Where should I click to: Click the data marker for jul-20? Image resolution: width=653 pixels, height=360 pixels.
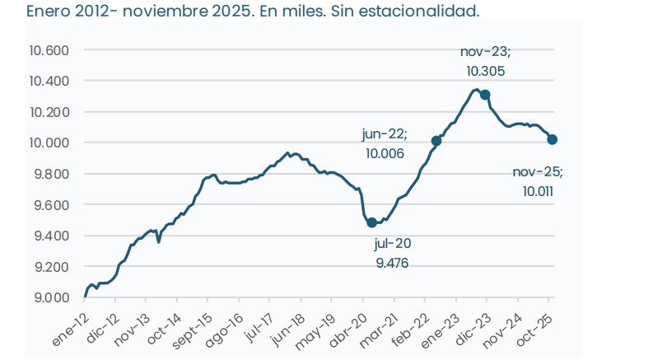[371, 222]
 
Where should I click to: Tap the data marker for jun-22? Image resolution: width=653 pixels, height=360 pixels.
[436, 141]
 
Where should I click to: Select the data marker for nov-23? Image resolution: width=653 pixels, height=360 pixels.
[485, 95]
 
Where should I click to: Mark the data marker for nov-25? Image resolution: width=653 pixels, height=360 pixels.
[552, 139]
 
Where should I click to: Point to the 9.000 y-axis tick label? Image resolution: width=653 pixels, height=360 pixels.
[54, 297]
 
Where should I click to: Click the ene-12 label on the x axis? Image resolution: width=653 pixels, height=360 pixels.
[73, 328]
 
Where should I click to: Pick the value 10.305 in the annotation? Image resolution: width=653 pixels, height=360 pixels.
[485, 71]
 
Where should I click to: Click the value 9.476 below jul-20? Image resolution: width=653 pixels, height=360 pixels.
[392, 264]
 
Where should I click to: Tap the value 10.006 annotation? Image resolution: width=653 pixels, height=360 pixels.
[386, 153]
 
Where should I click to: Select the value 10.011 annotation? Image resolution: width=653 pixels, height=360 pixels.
[538, 191]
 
